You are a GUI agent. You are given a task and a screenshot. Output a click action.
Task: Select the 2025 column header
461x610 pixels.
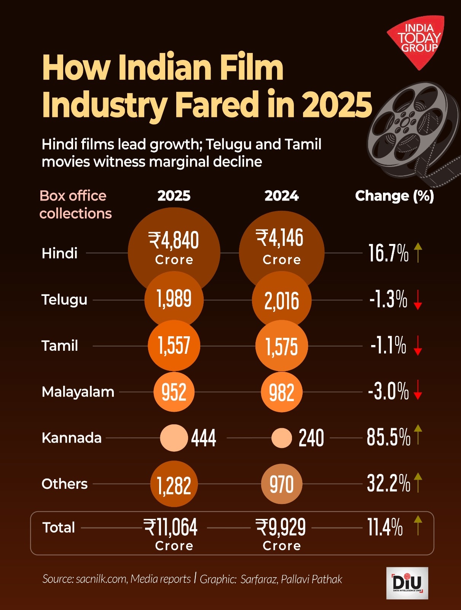pyautogui.click(x=174, y=196)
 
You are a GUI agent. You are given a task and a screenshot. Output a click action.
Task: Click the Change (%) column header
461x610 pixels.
pyautogui.click(x=394, y=196)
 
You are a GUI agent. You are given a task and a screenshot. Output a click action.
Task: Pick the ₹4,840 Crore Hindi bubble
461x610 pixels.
pyautogui.click(x=174, y=246)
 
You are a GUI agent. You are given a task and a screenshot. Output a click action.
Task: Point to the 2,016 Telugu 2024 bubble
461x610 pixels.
pyautogui.click(x=282, y=300)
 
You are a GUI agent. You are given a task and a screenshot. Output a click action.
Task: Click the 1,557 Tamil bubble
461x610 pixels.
pyautogui.click(x=174, y=345)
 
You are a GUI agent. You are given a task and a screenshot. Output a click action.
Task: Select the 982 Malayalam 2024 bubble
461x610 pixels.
pyautogui.click(x=282, y=392)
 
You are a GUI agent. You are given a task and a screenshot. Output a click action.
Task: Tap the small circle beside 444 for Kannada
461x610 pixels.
pyautogui.click(x=174, y=438)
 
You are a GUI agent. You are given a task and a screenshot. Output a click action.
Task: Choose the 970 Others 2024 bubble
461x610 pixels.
pyautogui.click(x=282, y=484)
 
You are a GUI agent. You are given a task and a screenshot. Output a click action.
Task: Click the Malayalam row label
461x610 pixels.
pyautogui.click(x=78, y=392)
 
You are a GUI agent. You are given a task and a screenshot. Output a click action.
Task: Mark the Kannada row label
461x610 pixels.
pyautogui.click(x=72, y=438)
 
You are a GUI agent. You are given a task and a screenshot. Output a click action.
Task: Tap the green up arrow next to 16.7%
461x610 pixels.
pyautogui.click(x=418, y=252)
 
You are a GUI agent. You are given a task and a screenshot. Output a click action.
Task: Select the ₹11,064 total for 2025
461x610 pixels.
pyautogui.click(x=171, y=528)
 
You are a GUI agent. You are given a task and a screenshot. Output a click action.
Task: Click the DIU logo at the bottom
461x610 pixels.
pyautogui.click(x=407, y=583)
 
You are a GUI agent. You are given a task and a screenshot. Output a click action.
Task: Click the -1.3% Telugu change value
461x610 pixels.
pyautogui.click(x=388, y=299)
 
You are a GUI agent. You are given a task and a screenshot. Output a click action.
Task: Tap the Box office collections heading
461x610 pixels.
pyautogui.click(x=75, y=204)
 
